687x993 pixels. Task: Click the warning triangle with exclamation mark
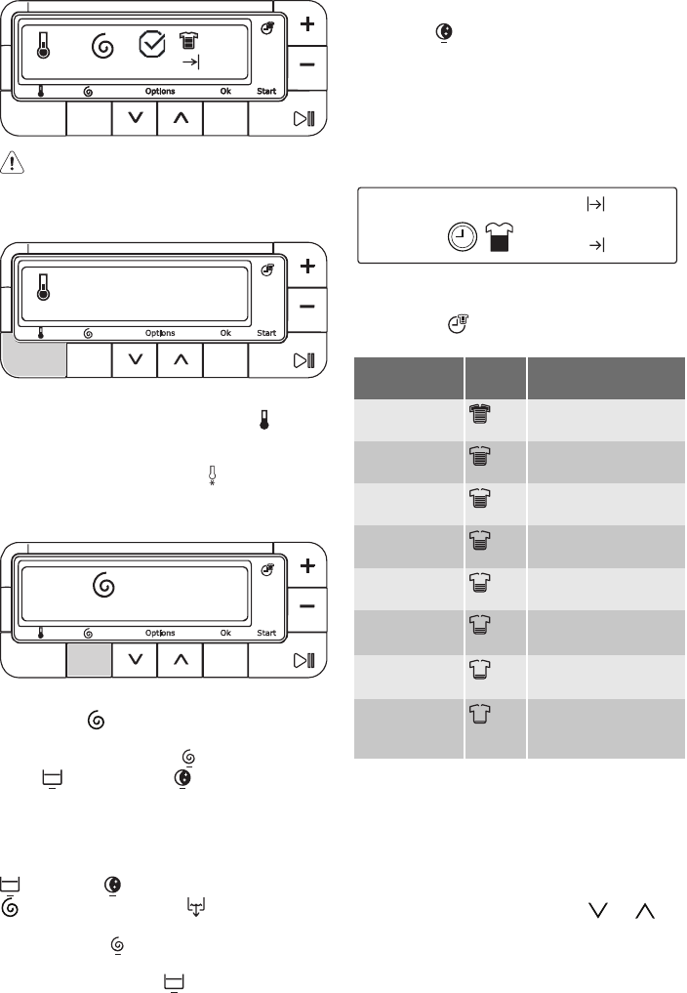[x=12, y=163]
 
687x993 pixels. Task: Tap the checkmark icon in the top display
[x=152, y=44]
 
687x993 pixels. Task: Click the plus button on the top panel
[x=307, y=24]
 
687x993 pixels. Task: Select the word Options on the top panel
[x=160, y=91]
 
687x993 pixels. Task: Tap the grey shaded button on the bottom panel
[x=89, y=660]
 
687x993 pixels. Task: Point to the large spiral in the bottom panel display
[x=103, y=585]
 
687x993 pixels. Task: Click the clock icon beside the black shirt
[x=463, y=237]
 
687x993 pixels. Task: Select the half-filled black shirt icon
[x=500, y=237]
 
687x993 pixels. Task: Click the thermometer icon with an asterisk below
[x=212, y=476]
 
